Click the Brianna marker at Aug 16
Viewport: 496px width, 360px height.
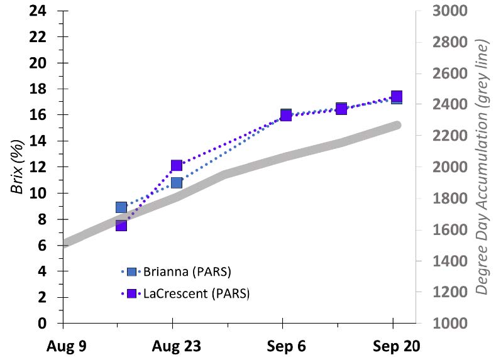121,207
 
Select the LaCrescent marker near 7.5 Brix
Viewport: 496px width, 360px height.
121,225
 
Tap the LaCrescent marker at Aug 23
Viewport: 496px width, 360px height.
176,166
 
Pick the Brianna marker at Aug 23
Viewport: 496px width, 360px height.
176,183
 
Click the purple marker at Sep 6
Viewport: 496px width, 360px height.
286,115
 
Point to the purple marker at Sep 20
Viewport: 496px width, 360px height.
397,97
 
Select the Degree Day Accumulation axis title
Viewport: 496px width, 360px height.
482,167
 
